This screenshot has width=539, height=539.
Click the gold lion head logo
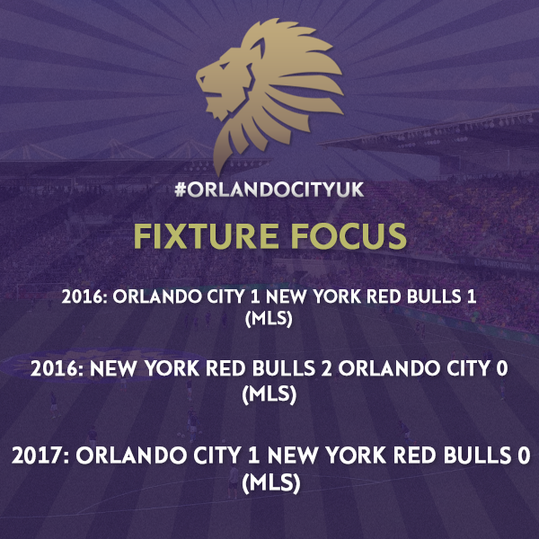click(269, 93)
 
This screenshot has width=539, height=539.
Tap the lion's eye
click(224, 66)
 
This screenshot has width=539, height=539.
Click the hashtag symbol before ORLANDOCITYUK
click(181, 190)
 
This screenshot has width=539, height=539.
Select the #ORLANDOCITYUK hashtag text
click(269, 190)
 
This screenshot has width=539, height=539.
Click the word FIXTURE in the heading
click(206, 236)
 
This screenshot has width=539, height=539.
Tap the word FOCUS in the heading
click(349, 236)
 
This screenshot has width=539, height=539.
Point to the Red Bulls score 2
click(327, 368)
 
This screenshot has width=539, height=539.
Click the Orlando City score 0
click(502, 368)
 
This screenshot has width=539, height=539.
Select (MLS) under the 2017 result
click(271, 483)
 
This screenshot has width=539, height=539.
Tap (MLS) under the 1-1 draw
click(269, 318)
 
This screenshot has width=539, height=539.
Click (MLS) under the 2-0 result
click(269, 393)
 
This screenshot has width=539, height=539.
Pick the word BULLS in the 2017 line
click(477, 455)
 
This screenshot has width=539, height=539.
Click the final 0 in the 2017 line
click(525, 455)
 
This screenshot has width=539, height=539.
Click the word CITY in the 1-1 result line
click(225, 296)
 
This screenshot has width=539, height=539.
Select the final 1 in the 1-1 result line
click(472, 296)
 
